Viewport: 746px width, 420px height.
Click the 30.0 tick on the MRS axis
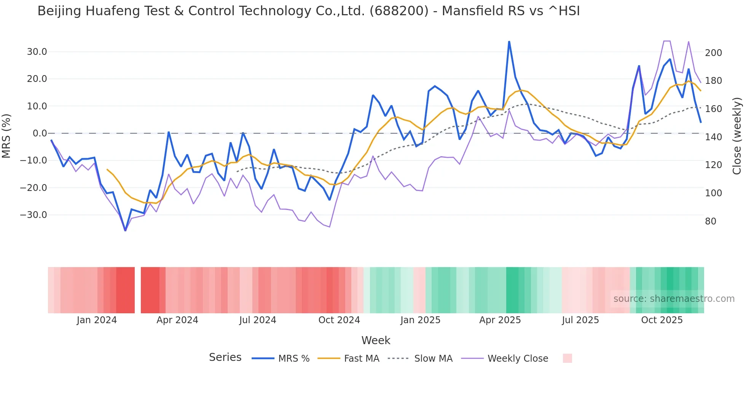[37, 52]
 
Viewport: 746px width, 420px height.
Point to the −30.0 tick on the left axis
[33, 215]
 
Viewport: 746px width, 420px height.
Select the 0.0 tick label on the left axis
[40, 133]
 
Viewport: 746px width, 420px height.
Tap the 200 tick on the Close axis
[713, 53]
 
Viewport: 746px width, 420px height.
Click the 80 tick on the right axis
[711, 221]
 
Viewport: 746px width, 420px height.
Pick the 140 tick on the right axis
[713, 137]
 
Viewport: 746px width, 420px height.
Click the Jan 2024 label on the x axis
[97, 320]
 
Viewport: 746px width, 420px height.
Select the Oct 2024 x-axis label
[339, 320]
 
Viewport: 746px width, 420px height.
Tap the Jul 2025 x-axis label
[580, 320]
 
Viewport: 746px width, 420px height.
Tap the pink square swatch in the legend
[567, 358]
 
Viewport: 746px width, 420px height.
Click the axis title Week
[376, 340]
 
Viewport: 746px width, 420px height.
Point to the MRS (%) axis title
[6, 136]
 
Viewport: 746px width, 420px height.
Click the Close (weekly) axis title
[737, 136]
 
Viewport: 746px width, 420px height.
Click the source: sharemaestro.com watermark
[674, 299]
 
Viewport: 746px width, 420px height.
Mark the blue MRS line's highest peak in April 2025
[509, 42]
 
